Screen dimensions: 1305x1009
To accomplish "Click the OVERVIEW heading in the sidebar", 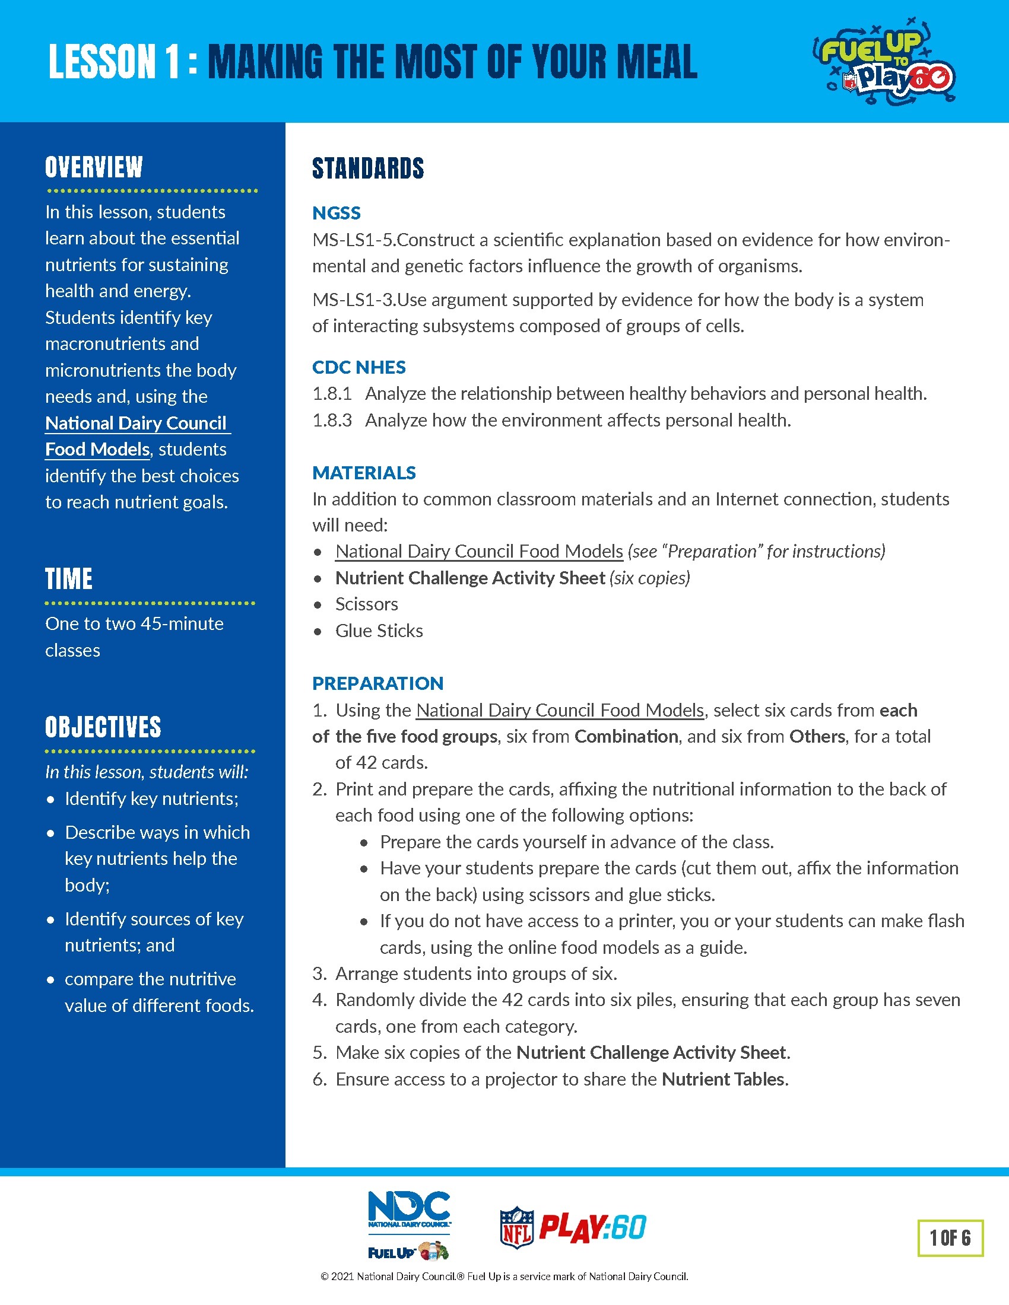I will point(94,167).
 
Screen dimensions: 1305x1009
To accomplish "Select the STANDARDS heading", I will point(367,168).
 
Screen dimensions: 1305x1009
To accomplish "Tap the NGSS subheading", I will point(336,213).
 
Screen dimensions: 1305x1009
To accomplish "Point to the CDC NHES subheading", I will point(358,367).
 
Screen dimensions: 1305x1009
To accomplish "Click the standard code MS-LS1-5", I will point(353,240).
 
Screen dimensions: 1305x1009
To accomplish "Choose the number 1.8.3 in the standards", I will point(332,420).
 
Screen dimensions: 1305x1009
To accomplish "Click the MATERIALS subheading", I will point(363,473).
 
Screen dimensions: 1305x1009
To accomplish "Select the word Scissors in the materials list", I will point(366,604).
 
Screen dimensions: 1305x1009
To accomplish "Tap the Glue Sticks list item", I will point(379,631).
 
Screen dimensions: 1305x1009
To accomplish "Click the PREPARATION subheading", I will point(377,683).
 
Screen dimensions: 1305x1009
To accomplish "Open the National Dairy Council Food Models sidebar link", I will point(137,435).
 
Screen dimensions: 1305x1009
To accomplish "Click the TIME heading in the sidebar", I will point(69,578).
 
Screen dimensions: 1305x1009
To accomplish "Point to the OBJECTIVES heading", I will point(103,727).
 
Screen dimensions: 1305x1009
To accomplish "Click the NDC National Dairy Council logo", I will point(409,1211).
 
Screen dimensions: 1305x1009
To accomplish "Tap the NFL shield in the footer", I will point(516,1227).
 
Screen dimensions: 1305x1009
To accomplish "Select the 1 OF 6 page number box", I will point(950,1237).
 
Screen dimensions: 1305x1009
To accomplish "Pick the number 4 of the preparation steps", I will point(318,1000).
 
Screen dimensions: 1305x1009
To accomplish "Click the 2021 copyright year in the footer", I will point(342,1277).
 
